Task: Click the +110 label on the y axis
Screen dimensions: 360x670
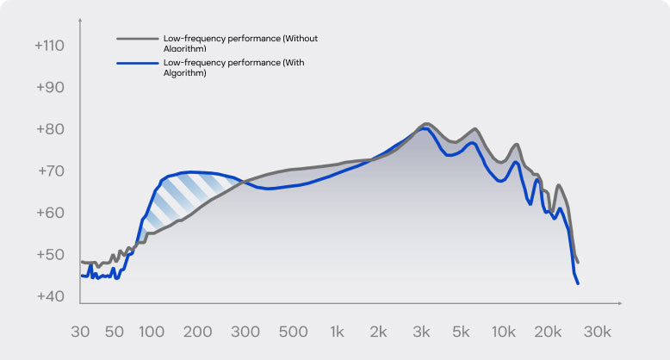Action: point(49,45)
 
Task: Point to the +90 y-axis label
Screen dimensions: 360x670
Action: point(49,87)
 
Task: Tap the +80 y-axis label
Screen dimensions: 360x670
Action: point(49,129)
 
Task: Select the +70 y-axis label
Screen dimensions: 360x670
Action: point(49,171)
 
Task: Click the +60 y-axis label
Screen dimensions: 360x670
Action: point(49,213)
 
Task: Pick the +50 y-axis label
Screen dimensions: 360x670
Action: point(49,255)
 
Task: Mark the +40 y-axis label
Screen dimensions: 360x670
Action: point(49,296)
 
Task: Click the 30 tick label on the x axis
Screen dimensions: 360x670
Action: point(81,332)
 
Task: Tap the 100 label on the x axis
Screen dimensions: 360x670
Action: point(151,332)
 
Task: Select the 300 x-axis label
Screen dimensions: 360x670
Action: point(245,332)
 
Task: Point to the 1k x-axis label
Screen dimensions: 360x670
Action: point(338,332)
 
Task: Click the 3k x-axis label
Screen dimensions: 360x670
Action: point(422,332)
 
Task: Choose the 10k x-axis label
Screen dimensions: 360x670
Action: point(503,332)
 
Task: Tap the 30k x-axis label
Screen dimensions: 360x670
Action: point(597,332)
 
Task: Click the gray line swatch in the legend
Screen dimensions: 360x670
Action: point(138,39)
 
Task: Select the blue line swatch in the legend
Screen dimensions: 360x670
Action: point(138,63)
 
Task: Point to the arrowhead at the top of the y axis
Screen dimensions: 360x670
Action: point(80,18)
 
